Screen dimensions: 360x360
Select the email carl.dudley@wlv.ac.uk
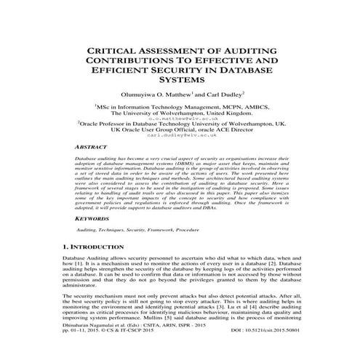(x=180, y=135)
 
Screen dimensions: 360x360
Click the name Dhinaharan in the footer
(x=78, y=345)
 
